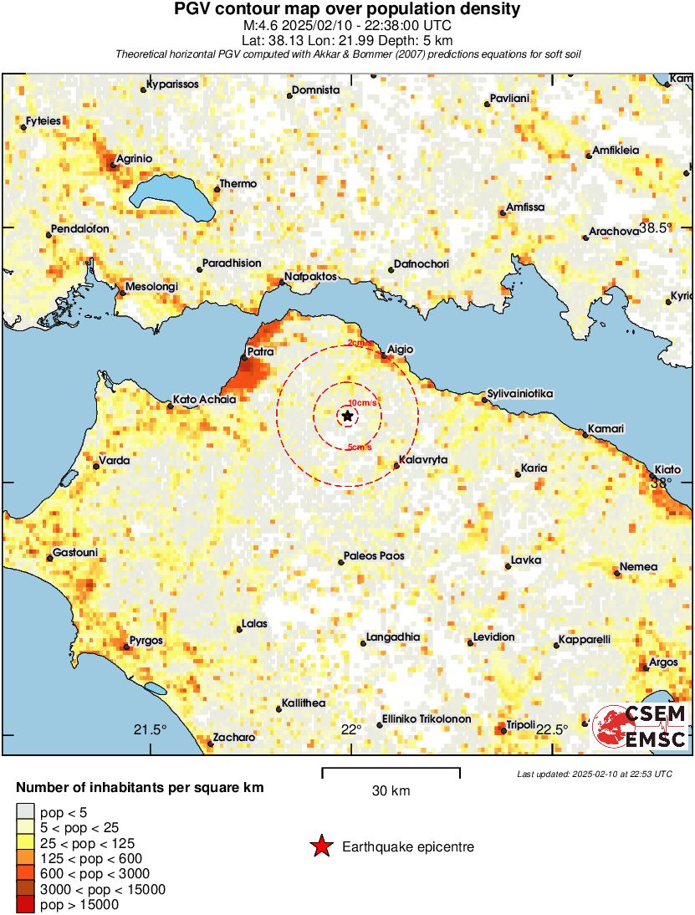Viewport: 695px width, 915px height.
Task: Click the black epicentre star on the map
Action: pyautogui.click(x=347, y=416)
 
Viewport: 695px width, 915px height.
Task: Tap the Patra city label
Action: pyautogui.click(x=261, y=352)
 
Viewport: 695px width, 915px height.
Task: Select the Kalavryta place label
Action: pyautogui.click(x=424, y=460)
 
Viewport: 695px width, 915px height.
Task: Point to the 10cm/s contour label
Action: pyautogui.click(x=362, y=402)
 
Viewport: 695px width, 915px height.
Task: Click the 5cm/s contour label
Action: pyautogui.click(x=359, y=447)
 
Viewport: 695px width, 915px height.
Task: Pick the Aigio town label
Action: pyautogui.click(x=400, y=349)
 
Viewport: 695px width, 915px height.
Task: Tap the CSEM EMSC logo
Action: pyautogui.click(x=641, y=726)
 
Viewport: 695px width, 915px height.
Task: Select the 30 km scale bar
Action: pyautogui.click(x=391, y=768)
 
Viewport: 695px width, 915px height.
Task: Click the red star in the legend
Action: pyautogui.click(x=320, y=846)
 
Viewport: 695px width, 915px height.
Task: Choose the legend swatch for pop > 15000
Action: pyautogui.click(x=25, y=904)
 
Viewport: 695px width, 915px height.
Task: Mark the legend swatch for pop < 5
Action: pyautogui.click(x=25, y=811)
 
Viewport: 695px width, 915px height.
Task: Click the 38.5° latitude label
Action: pyautogui.click(x=656, y=227)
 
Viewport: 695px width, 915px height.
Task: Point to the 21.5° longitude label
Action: pyautogui.click(x=151, y=728)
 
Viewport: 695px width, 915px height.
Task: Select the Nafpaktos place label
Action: pyautogui.click(x=310, y=275)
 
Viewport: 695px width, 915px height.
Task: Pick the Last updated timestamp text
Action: pyautogui.click(x=595, y=774)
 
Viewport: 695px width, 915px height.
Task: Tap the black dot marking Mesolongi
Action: pyautogui.click(x=121, y=292)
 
